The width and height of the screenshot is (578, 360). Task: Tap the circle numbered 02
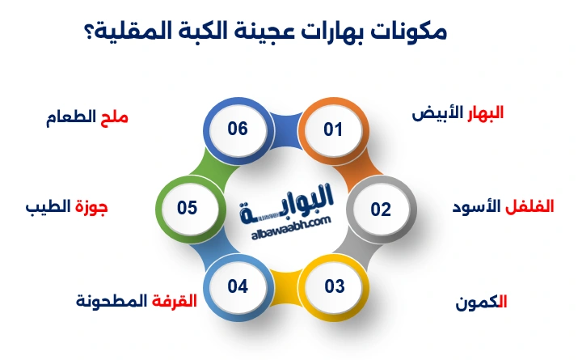(x=381, y=209)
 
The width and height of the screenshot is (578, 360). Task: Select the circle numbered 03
(x=335, y=286)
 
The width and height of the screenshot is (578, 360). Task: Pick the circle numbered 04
(x=237, y=286)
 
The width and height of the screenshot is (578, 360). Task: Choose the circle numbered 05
(x=188, y=208)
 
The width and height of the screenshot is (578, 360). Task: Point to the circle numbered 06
(x=237, y=129)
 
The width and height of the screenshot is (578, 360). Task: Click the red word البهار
(x=483, y=112)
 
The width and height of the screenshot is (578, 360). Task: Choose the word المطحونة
(x=112, y=302)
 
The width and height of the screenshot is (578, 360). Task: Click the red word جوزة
(x=91, y=206)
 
